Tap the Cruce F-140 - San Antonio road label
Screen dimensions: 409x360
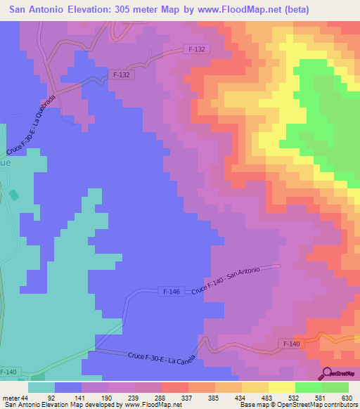point(225,280)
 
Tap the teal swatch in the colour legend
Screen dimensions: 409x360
point(41,387)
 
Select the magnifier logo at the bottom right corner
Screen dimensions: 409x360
point(326,372)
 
